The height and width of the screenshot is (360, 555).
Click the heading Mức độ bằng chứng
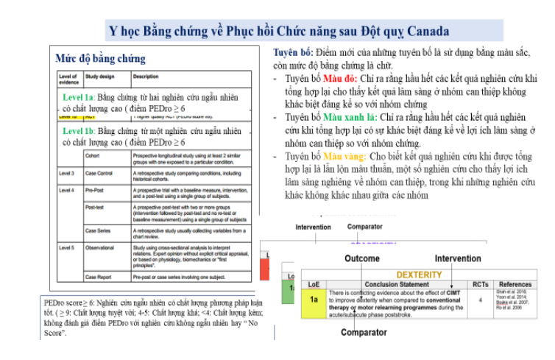[x=101, y=58]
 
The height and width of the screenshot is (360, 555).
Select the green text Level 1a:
[x=78, y=97]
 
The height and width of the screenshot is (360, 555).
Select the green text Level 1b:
[x=79, y=131]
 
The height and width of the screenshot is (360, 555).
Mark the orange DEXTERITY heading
[x=418, y=275]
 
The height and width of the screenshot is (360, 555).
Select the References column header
[x=515, y=284]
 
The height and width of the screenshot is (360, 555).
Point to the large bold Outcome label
[x=362, y=258]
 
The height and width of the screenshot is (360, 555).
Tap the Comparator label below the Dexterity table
[x=363, y=333]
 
